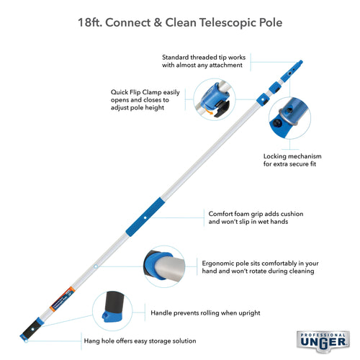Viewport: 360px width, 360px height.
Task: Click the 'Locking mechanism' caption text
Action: coord(292,156)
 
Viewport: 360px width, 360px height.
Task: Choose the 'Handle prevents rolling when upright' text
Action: coord(205,313)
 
